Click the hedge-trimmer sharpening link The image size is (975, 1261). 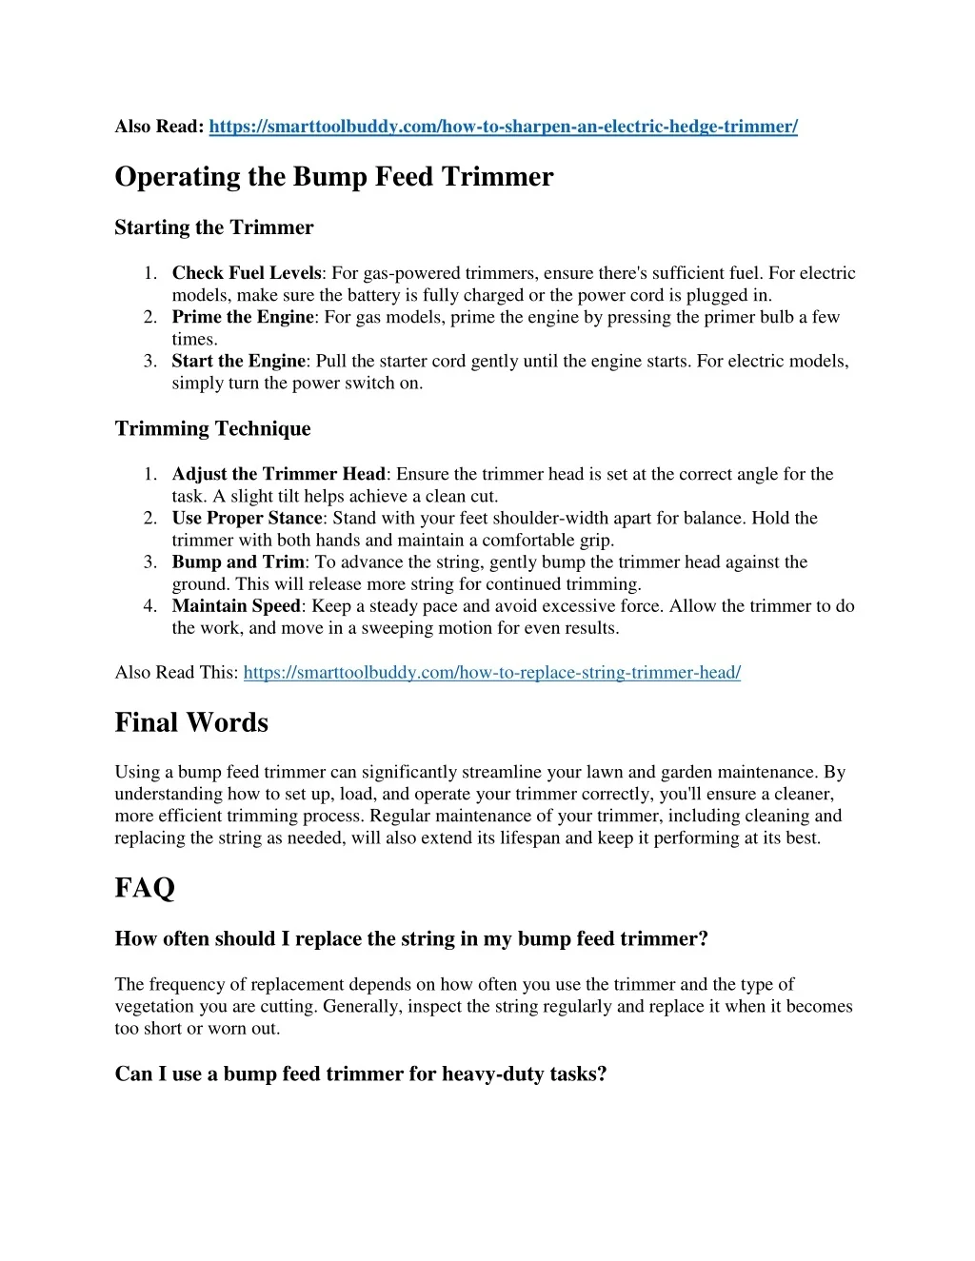503,127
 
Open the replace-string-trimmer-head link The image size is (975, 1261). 491,673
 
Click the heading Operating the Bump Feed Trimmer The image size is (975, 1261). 333,177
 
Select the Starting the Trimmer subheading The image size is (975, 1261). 213,227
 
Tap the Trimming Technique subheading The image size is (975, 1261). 212,428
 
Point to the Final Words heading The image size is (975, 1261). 191,722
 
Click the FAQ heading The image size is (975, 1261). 145,888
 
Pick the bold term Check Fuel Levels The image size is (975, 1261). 247,273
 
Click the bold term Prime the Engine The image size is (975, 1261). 242,317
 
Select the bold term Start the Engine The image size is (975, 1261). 238,361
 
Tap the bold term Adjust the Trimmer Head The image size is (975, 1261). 278,474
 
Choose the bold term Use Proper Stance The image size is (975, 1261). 247,518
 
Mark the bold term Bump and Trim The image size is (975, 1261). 238,562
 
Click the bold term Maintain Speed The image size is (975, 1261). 236,605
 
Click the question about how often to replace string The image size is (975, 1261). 411,939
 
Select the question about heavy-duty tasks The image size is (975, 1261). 360,1074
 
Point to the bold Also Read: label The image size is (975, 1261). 159,127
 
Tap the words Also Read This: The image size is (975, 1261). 176,673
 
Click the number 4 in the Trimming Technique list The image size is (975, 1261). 150,606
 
